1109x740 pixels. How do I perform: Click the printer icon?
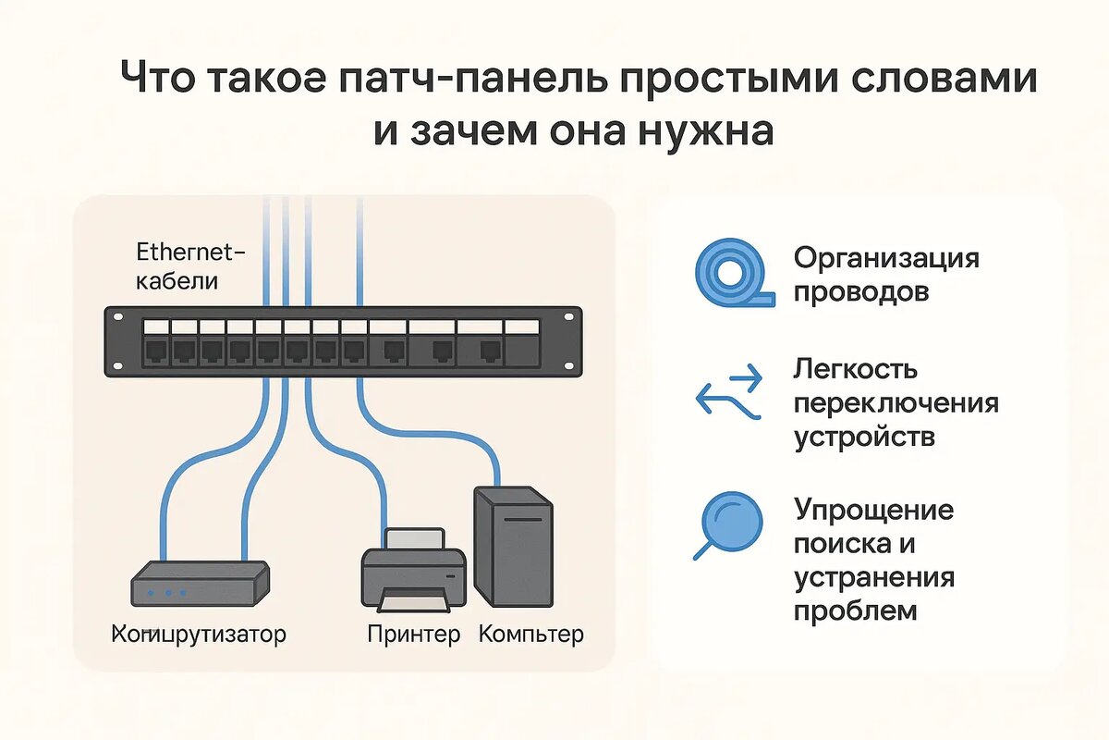(x=413, y=571)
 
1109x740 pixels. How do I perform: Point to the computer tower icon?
(x=513, y=546)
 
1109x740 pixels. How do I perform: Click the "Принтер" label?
(x=413, y=635)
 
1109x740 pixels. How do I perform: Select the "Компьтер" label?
(x=531, y=635)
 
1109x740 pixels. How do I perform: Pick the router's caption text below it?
(x=199, y=635)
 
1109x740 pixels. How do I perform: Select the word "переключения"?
(x=896, y=403)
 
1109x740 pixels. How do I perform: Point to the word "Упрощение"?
(x=873, y=510)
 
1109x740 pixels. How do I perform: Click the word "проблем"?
(x=856, y=610)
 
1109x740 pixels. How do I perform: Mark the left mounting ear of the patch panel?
(x=118, y=343)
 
